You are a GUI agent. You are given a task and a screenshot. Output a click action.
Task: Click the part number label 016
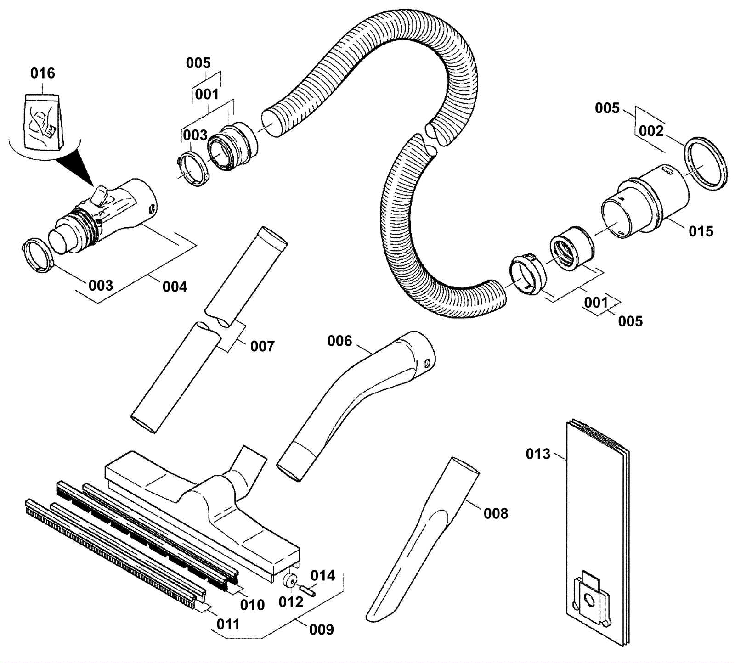tap(43, 73)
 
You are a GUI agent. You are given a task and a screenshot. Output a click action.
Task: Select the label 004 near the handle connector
tap(175, 287)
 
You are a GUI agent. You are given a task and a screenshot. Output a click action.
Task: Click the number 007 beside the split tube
tap(262, 346)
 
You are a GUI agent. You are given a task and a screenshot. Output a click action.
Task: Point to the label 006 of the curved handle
tap(339, 341)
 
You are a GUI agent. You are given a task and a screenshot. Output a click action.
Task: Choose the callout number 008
tap(496, 513)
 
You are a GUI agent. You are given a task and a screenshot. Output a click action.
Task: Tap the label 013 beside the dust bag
tap(538, 454)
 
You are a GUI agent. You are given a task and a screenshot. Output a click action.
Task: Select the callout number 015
tap(701, 231)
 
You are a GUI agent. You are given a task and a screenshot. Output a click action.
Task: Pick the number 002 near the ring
tap(651, 132)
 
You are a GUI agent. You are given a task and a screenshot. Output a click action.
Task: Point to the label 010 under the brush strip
tap(253, 605)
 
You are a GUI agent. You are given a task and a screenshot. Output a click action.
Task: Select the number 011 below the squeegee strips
tap(228, 624)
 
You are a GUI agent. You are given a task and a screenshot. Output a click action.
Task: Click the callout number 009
tap(322, 629)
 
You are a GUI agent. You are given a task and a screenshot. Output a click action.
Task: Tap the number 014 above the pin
tap(323, 575)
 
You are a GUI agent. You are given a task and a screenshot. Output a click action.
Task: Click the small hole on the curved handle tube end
tap(427, 363)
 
